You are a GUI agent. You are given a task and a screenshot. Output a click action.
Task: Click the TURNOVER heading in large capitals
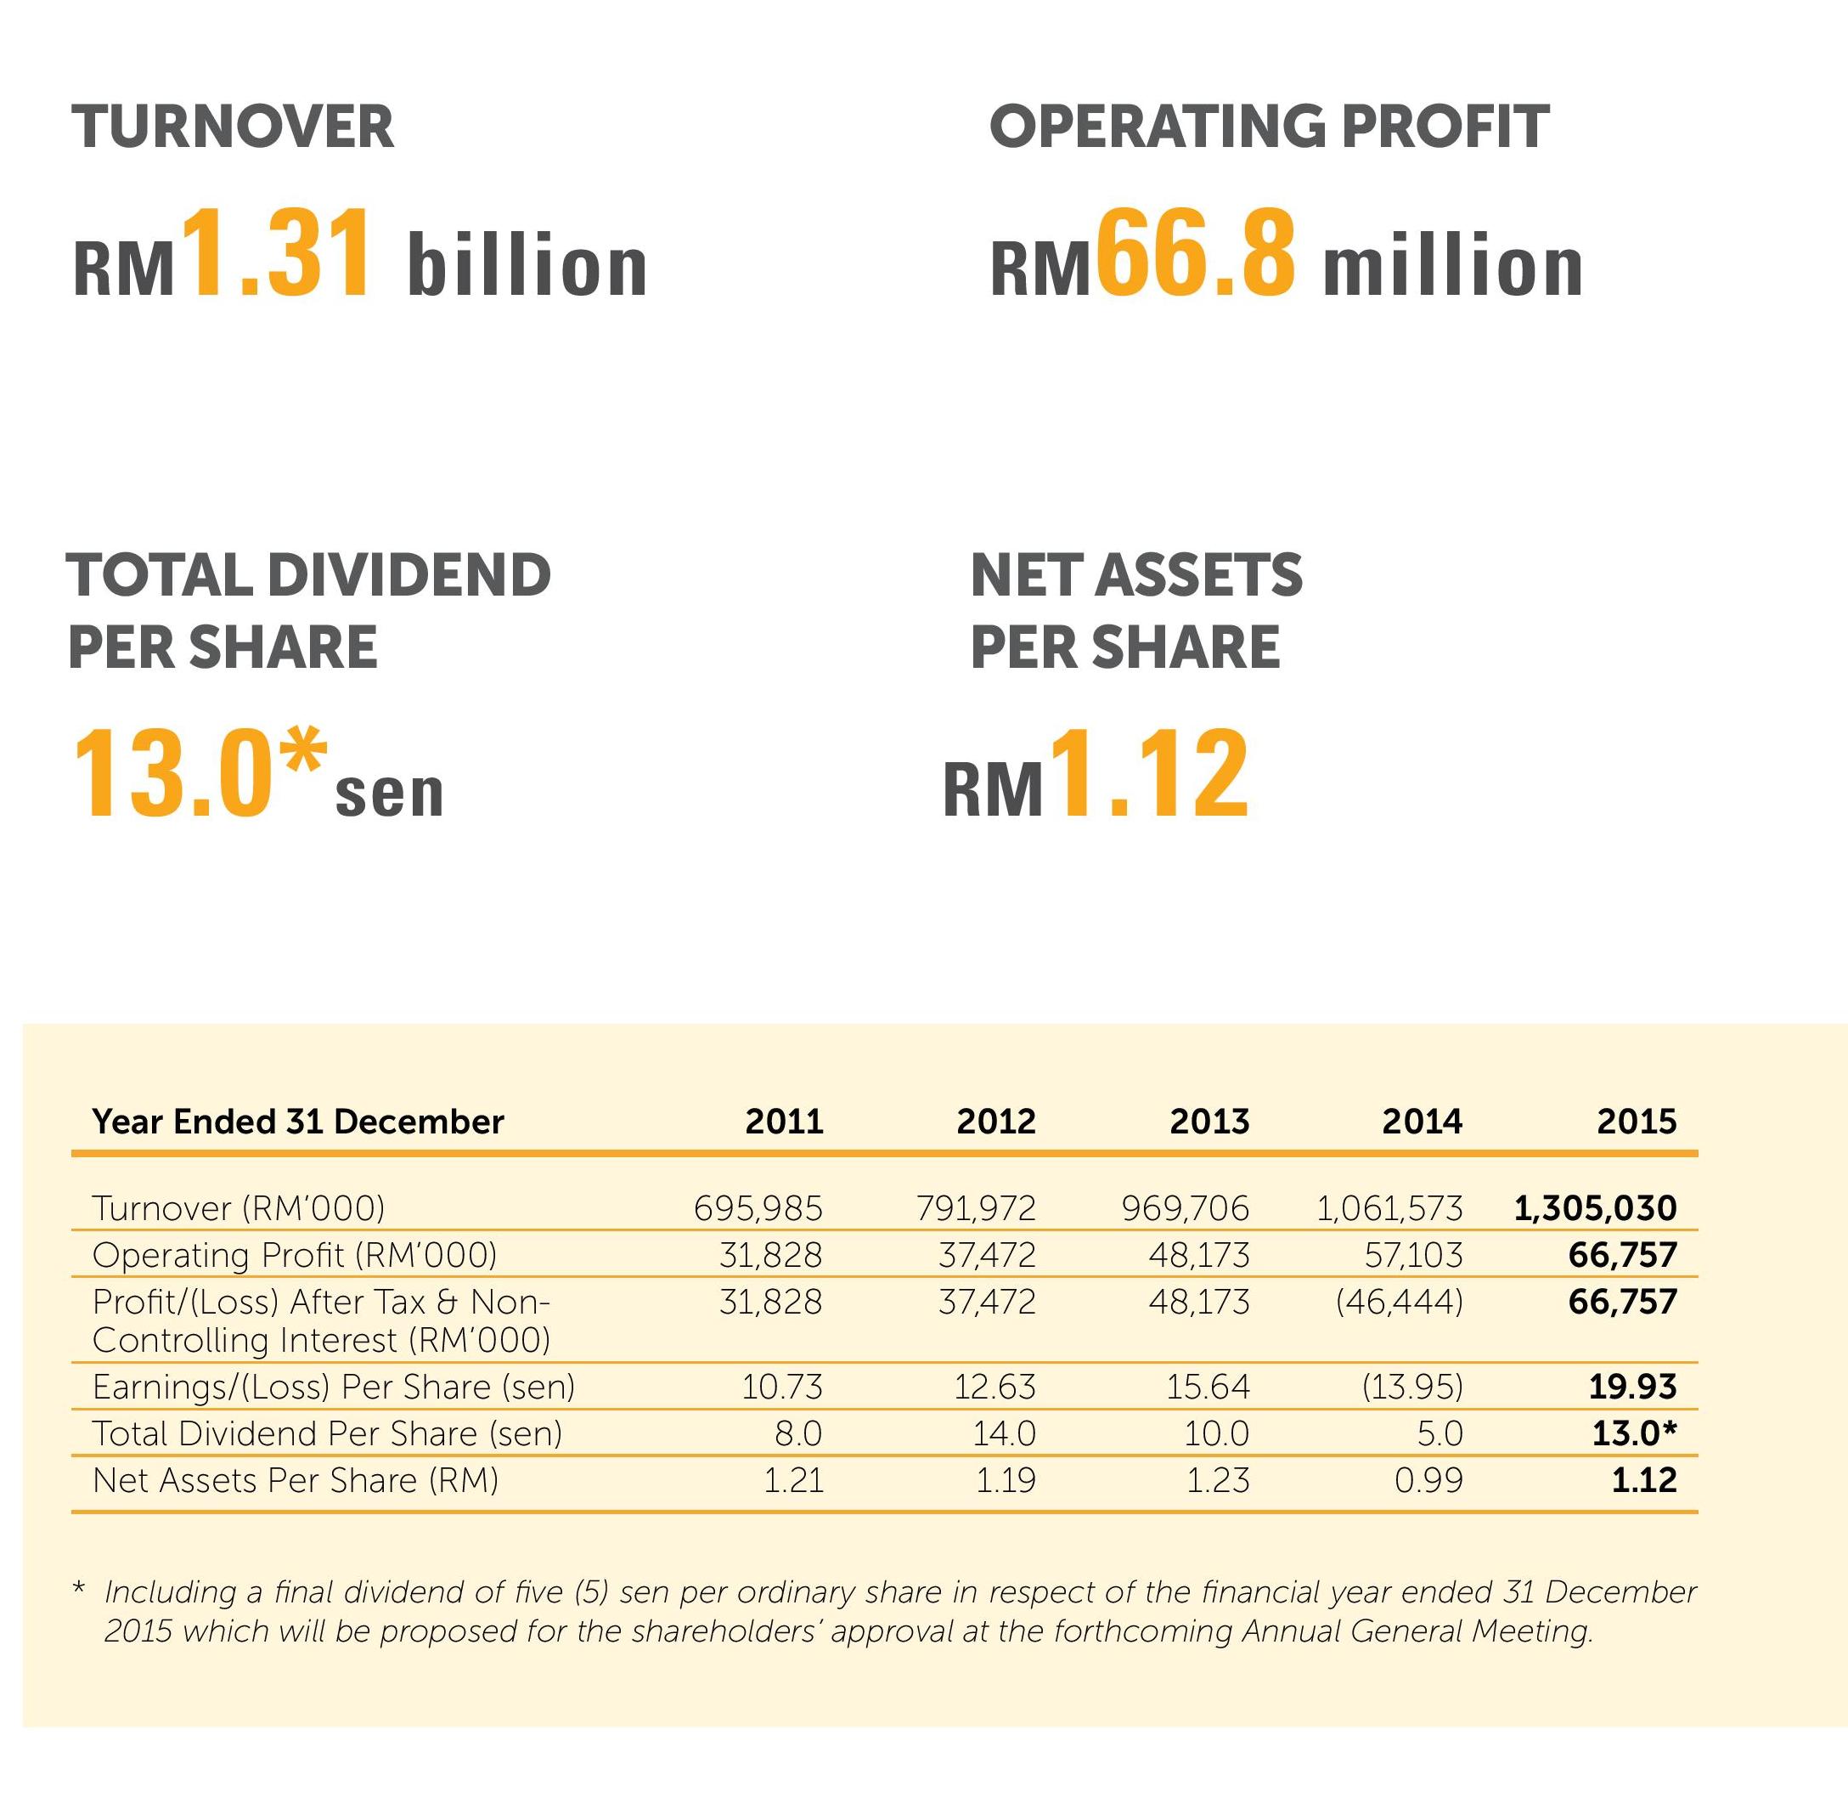point(232,127)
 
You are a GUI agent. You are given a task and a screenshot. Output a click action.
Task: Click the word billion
point(527,267)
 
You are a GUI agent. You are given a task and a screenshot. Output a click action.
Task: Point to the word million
point(1452,267)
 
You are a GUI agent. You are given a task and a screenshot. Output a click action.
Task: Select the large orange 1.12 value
point(1152,775)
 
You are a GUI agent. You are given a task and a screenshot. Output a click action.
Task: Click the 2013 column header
point(1209,1122)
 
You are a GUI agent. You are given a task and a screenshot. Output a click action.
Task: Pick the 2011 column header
point(784,1122)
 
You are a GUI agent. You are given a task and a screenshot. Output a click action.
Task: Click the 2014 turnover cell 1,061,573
point(1389,1208)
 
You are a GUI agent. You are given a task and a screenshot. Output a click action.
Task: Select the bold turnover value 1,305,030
point(1595,1208)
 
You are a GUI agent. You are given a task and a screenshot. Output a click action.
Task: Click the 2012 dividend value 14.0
point(1005,1433)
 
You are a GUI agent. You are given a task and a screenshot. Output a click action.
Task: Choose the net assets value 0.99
point(1428,1480)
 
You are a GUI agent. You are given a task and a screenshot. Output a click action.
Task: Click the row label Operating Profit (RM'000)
point(295,1255)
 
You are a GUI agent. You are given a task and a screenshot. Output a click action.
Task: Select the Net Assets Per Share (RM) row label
point(296,1480)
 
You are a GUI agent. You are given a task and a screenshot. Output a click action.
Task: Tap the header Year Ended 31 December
point(298,1122)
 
